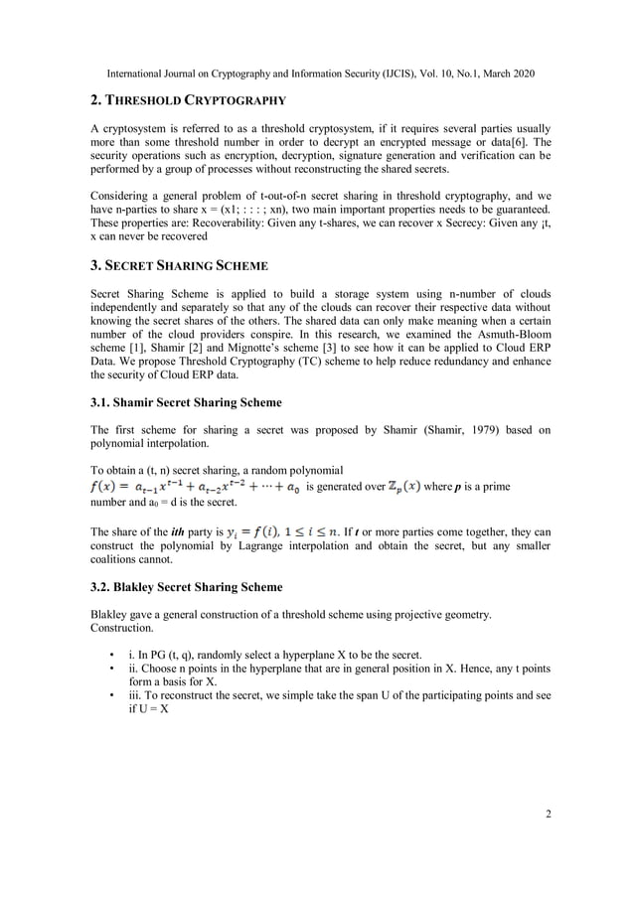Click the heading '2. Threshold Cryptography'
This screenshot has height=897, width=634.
(188, 100)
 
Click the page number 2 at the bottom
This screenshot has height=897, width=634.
(548, 815)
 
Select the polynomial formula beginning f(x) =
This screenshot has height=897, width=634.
(196, 487)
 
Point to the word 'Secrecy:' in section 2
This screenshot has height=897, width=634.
(472, 223)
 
